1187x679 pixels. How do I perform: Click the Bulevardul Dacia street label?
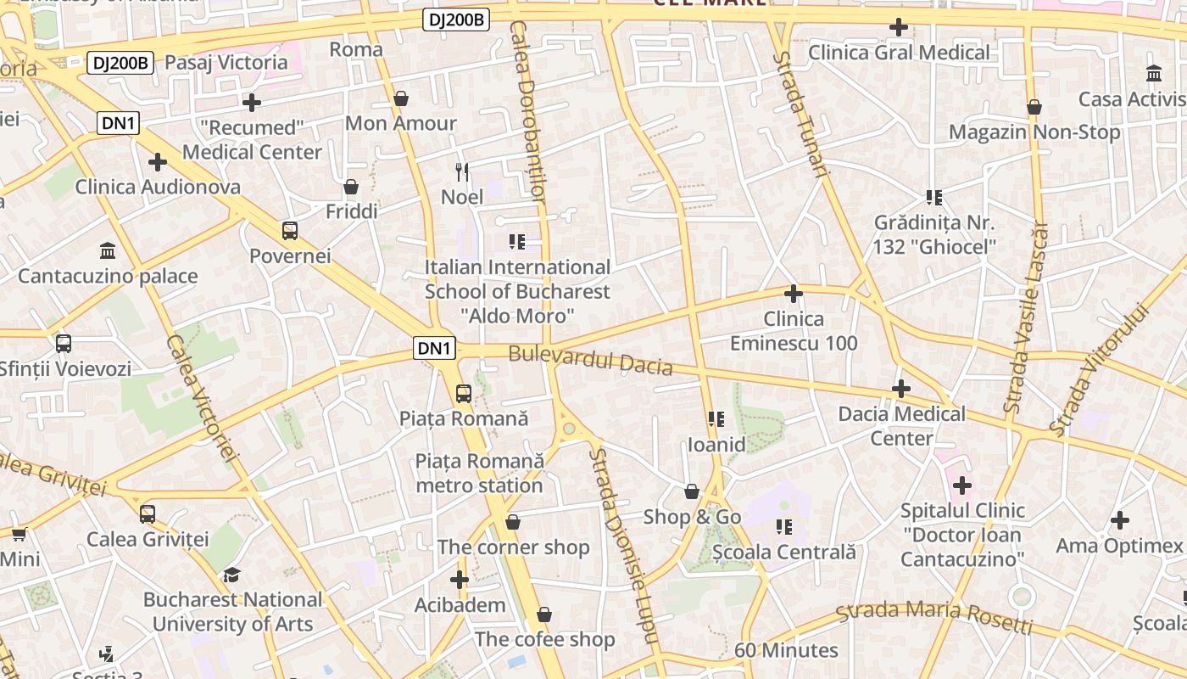tap(590, 361)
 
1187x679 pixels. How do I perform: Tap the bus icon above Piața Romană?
tap(463, 393)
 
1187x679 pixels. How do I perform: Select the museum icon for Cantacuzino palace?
tap(108, 250)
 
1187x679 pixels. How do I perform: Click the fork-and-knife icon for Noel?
tap(462, 172)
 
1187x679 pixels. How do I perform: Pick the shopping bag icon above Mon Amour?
tap(401, 98)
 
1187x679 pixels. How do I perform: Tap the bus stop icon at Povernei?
tap(290, 230)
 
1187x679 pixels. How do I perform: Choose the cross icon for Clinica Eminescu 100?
tap(794, 294)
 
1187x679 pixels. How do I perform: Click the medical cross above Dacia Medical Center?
tap(901, 389)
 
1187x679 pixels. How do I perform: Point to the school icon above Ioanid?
tap(716, 419)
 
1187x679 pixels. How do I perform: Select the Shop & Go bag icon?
tap(692, 491)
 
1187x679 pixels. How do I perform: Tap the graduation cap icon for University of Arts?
tap(231, 575)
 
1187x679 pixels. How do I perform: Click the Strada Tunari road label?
tap(800, 112)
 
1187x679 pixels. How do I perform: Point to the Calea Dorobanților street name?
tap(527, 110)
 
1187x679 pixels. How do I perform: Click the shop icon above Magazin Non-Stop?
tap(1034, 107)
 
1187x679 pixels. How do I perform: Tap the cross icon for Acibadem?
tap(460, 580)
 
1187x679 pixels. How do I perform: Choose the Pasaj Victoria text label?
tap(226, 62)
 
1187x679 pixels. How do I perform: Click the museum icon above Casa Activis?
tap(1154, 74)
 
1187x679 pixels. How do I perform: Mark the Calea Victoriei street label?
tap(200, 397)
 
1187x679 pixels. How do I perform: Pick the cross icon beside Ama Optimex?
tap(1120, 520)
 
